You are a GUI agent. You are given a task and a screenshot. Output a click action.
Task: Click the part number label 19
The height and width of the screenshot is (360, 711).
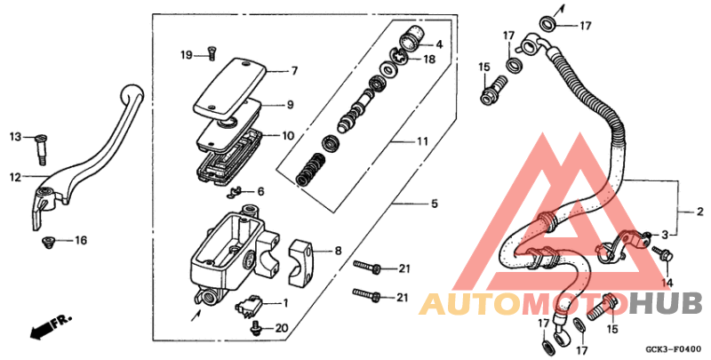(x=187, y=55)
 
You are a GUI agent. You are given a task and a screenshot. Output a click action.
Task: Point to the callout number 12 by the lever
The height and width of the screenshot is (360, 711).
(x=15, y=178)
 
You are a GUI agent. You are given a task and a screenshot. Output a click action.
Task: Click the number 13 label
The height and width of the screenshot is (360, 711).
(x=15, y=136)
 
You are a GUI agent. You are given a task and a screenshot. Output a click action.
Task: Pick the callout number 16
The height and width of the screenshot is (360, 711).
(x=81, y=241)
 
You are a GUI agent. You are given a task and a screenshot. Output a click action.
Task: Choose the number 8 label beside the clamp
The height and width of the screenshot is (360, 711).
(x=338, y=252)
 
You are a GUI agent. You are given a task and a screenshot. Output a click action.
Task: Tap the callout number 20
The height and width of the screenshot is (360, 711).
(x=282, y=328)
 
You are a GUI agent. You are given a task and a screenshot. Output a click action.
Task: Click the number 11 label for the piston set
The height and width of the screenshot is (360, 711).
(x=422, y=141)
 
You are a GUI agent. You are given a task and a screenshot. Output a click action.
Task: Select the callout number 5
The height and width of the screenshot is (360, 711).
(x=434, y=204)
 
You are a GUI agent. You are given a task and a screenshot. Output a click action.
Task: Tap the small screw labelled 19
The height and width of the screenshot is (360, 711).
(x=212, y=52)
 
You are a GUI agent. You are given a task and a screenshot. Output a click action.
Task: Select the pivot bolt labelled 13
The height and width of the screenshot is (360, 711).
(x=41, y=151)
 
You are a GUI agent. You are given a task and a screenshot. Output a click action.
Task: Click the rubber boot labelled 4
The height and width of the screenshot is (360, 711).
(x=411, y=40)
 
